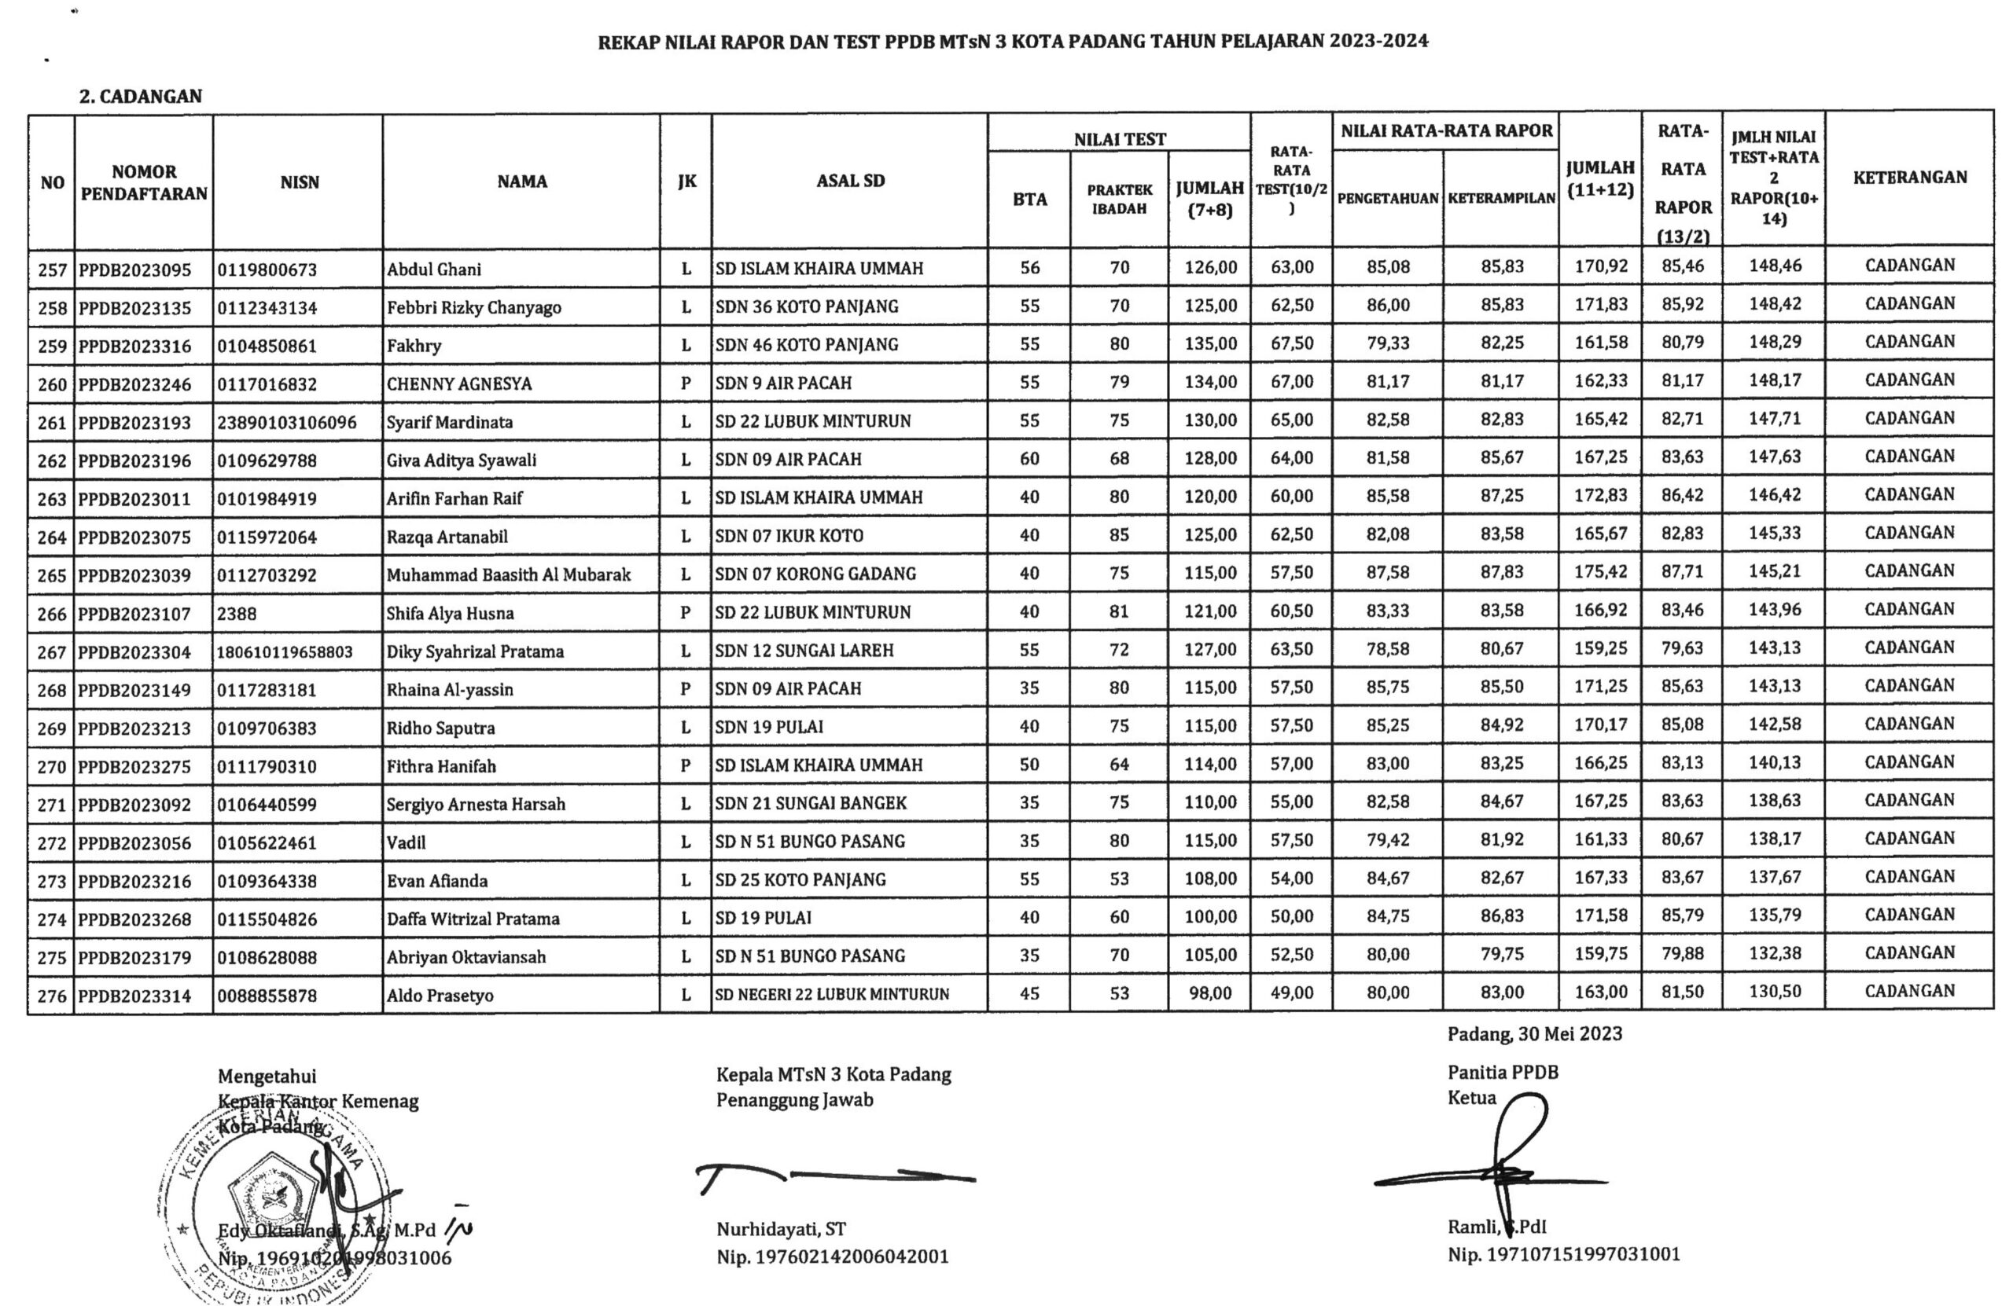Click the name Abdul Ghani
click(x=434, y=270)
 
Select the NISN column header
click(x=300, y=182)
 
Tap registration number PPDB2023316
click(x=135, y=346)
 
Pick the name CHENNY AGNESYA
click(x=459, y=383)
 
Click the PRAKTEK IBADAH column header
click(x=1119, y=200)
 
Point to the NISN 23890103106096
click(x=287, y=422)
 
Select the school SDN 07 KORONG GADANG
click(x=815, y=574)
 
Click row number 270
click(x=52, y=767)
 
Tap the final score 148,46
click(x=1775, y=266)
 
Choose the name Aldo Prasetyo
click(x=440, y=995)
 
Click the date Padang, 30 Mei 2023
click(x=1534, y=1033)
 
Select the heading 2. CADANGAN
click(x=141, y=97)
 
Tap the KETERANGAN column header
click(x=1909, y=178)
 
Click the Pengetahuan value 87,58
click(x=1388, y=572)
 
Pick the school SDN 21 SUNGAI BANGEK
click(x=810, y=803)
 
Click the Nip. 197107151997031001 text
click(x=1564, y=1254)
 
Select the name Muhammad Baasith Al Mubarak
click(x=508, y=574)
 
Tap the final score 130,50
click(x=1775, y=992)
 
